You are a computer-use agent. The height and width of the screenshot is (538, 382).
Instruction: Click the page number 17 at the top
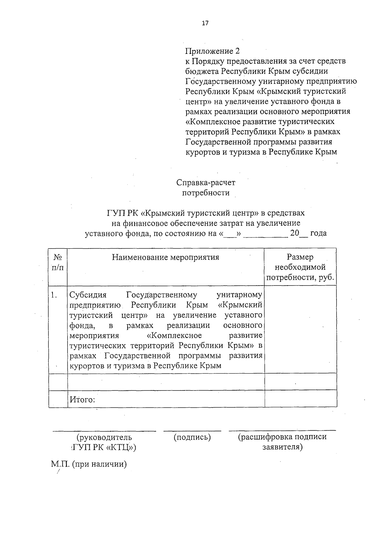pos(205,23)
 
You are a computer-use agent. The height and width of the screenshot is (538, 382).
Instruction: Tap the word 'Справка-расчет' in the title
pos(206,183)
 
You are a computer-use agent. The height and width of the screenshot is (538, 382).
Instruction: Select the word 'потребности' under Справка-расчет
pos(206,193)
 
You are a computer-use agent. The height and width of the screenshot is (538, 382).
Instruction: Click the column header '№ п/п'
pos(58,262)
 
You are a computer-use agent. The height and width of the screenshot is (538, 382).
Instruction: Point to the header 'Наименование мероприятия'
pos(166,257)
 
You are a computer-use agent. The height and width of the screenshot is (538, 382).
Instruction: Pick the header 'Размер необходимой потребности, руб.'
pos(300,267)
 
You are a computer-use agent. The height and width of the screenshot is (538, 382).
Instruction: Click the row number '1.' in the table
pos(54,295)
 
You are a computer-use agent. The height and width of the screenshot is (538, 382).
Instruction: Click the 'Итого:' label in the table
pos(82,399)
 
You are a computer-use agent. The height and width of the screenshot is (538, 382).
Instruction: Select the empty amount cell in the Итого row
pos(300,399)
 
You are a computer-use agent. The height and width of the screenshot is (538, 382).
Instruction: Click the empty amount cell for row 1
pos(300,329)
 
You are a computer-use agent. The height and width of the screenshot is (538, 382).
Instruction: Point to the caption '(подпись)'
pos(192,437)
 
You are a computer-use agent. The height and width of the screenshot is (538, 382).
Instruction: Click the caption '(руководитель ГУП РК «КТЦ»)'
pos(104,442)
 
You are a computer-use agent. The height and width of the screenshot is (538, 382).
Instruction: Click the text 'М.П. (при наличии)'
pos(89,464)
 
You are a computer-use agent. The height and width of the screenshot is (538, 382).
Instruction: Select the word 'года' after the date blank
pos(318,233)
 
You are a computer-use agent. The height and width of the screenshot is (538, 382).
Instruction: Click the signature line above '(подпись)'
pos(192,431)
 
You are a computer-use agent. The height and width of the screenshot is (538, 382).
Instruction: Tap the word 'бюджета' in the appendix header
pos(202,71)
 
